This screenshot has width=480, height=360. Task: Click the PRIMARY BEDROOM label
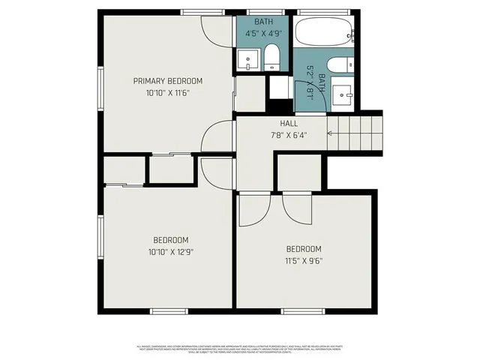pos(167,81)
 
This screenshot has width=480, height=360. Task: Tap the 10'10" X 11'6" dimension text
pos(167,93)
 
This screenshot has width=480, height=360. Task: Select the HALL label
pos(289,124)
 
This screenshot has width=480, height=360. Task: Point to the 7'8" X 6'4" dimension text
pos(289,136)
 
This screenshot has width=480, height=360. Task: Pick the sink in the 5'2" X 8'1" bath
pos(343,94)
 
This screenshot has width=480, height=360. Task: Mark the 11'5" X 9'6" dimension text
pos(304,261)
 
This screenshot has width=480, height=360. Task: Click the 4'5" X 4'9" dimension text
pos(263,33)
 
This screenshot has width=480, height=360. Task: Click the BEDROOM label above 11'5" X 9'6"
pos(304,249)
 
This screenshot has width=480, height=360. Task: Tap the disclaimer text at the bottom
pos(239,349)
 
